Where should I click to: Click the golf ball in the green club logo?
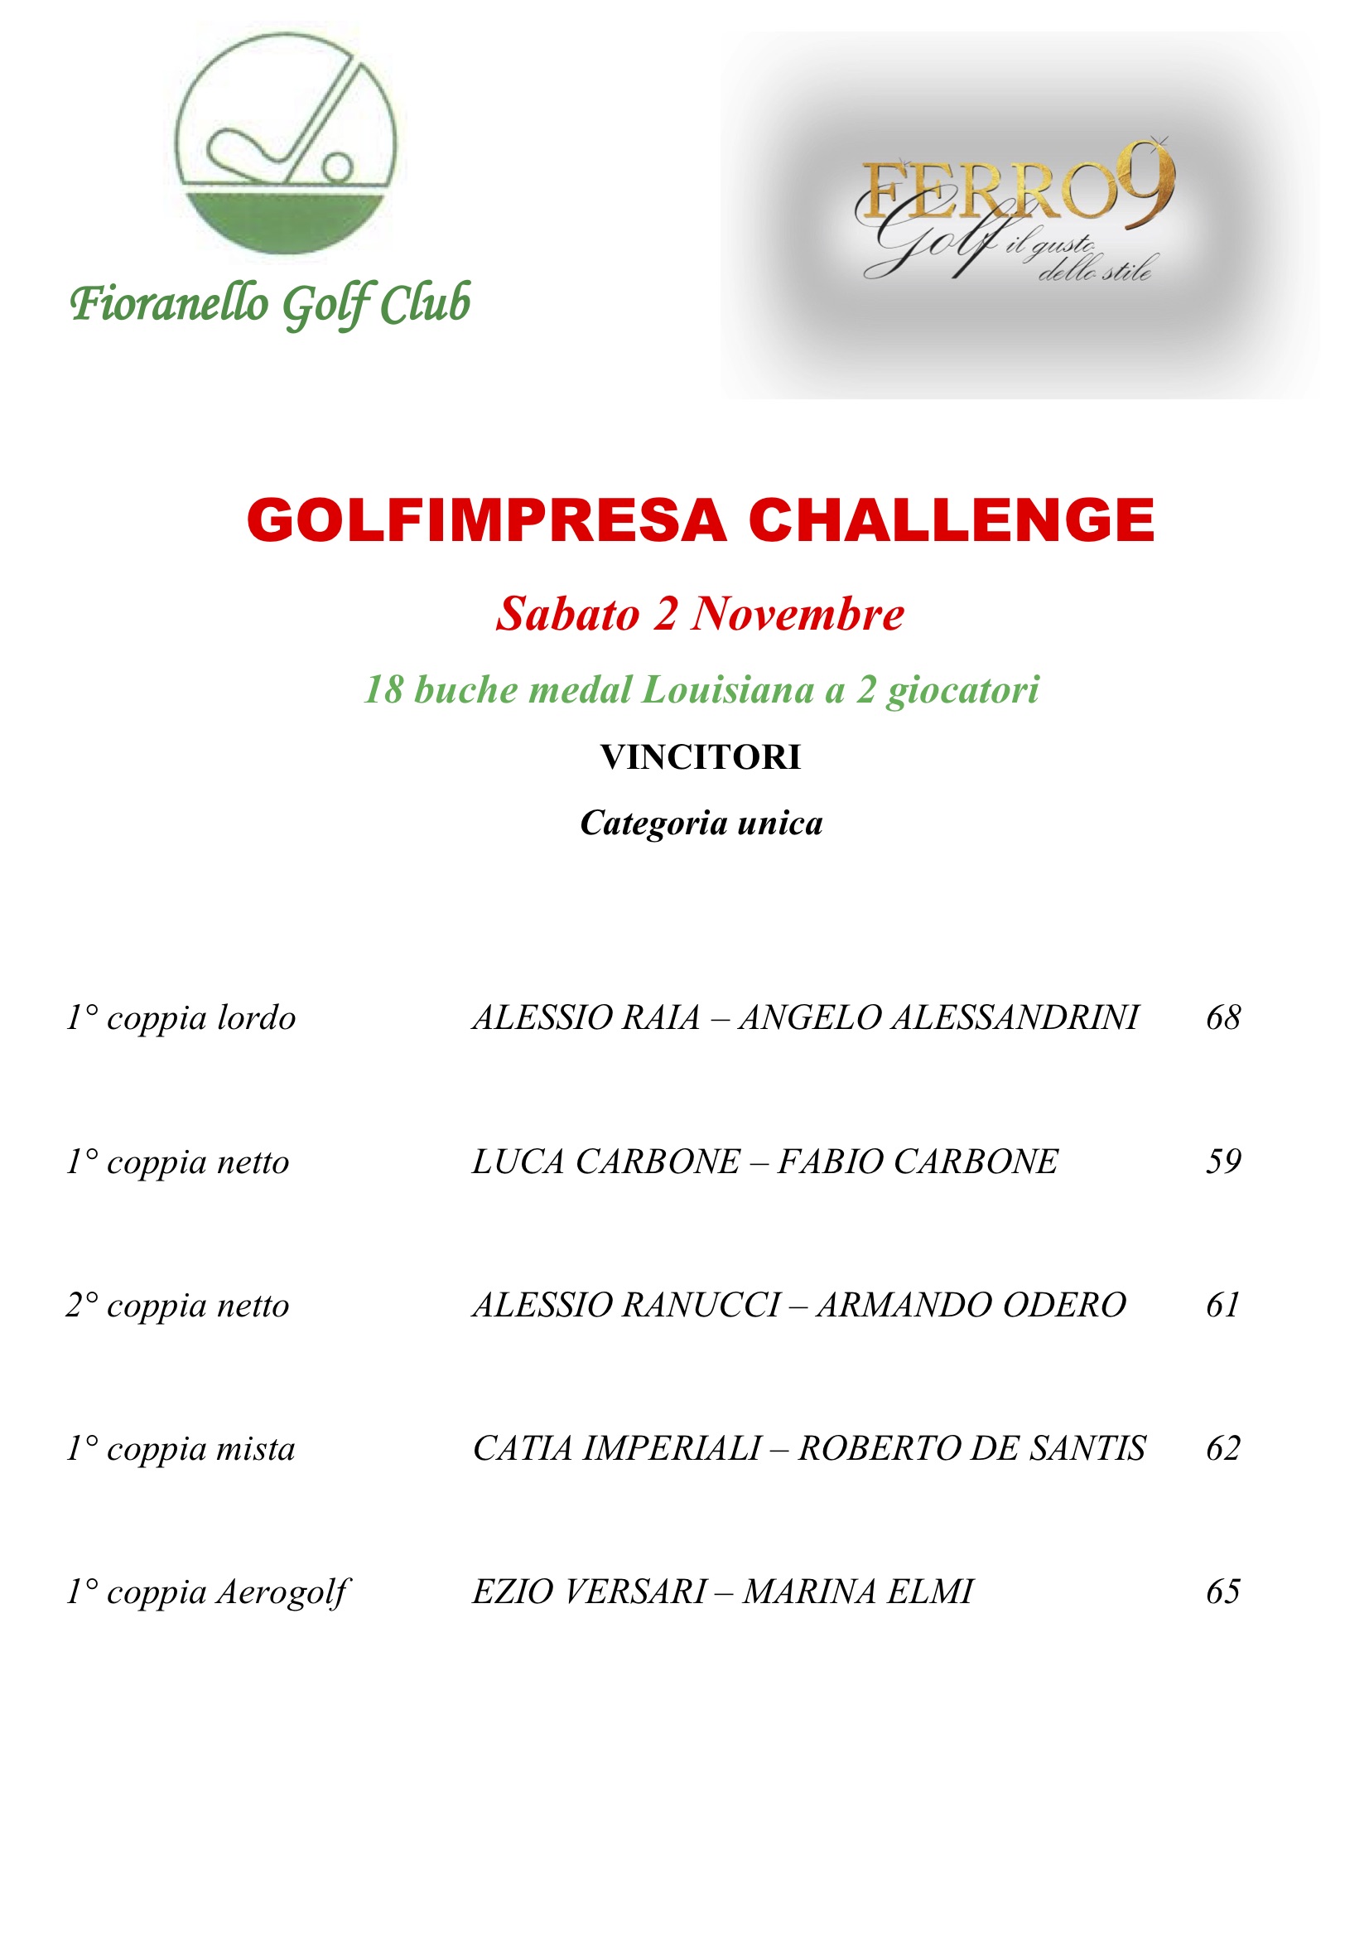click(338, 167)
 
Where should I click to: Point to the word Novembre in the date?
click(797, 613)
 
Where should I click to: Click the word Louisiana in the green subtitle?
click(727, 689)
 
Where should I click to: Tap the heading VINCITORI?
click(700, 756)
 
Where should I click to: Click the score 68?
click(1223, 1017)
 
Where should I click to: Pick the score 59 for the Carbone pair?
click(1223, 1161)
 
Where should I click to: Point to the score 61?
click(1222, 1305)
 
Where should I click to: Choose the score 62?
click(1223, 1448)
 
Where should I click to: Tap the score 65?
click(1223, 1592)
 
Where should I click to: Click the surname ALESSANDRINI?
click(1015, 1017)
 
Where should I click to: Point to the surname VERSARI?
click(636, 1592)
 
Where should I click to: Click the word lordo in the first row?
click(257, 1018)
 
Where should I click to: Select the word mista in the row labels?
click(256, 1449)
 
